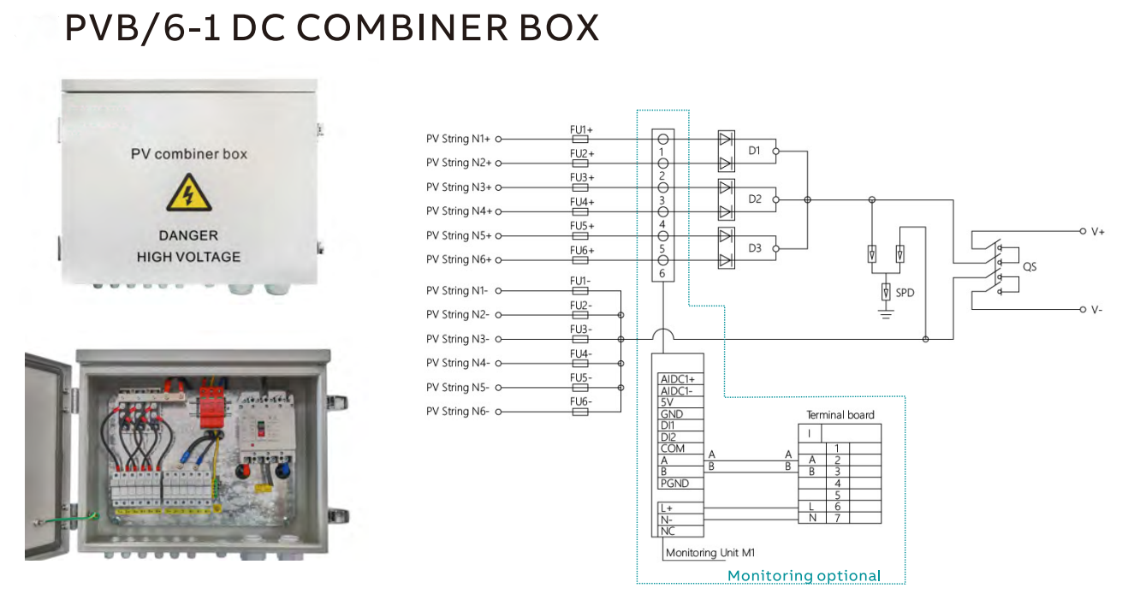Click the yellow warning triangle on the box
188,193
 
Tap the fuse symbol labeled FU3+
580,187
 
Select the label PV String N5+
459,235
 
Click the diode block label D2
754,199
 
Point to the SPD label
905,293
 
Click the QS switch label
1029,267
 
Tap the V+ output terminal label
1097,232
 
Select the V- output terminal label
1096,309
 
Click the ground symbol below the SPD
886,315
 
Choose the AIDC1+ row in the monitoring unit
678,378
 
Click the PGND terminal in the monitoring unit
675,484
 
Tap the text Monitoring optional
804,576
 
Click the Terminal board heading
840,415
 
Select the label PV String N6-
458,412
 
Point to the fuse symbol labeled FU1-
580,291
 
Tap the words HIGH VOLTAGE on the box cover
188,257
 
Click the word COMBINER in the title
407,29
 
